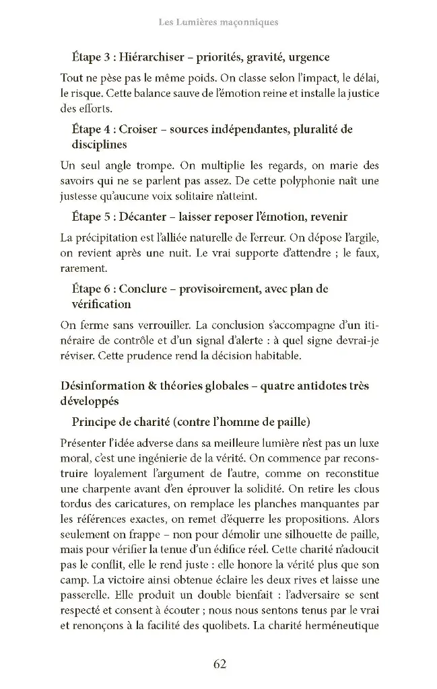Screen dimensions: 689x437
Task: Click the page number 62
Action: pyautogui.click(x=219, y=664)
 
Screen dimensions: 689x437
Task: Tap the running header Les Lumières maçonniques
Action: pyautogui.click(x=218, y=22)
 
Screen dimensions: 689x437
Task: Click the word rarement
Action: pyautogui.click(x=84, y=268)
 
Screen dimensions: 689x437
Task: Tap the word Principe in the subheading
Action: pyautogui.click(x=95, y=422)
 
